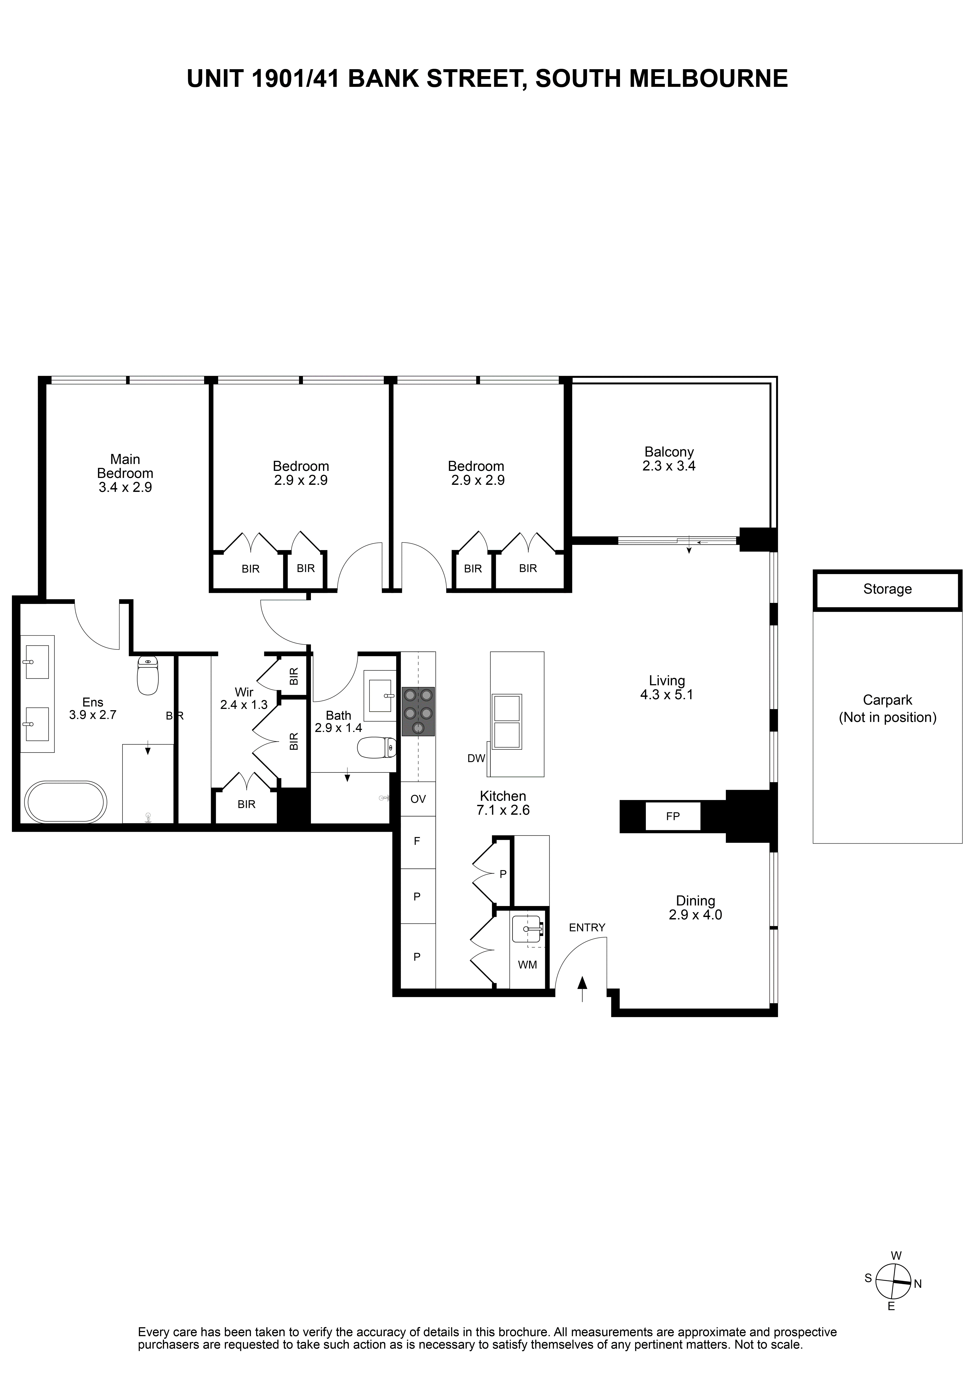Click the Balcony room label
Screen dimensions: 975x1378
point(669,452)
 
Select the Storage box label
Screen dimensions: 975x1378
point(887,589)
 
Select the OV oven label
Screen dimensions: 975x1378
point(418,799)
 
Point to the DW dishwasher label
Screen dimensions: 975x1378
point(476,759)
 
